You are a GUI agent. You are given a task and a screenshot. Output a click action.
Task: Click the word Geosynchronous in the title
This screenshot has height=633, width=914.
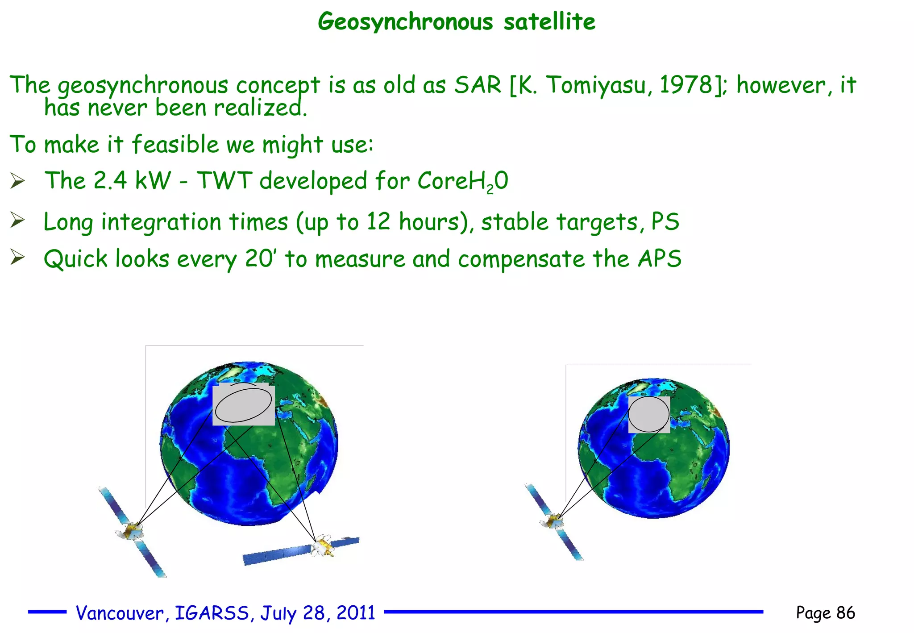[x=405, y=21]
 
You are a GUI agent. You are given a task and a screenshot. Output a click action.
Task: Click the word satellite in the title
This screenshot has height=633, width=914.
[x=549, y=21]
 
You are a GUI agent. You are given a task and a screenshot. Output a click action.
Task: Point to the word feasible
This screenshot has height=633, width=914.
[x=175, y=144]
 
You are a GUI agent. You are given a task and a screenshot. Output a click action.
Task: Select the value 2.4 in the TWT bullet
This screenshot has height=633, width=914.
[x=110, y=181]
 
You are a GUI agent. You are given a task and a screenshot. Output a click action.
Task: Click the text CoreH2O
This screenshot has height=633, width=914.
[x=463, y=181]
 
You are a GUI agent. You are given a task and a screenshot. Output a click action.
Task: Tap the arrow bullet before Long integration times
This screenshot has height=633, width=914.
[x=17, y=221]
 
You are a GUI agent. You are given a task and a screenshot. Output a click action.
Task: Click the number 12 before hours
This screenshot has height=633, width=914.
[x=379, y=221]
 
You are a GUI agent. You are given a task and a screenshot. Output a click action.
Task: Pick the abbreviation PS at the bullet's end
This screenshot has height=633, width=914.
[x=665, y=221]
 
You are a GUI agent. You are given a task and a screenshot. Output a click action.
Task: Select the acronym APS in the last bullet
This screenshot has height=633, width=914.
[x=659, y=258]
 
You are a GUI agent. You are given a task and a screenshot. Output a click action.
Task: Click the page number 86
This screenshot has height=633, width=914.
[x=845, y=613]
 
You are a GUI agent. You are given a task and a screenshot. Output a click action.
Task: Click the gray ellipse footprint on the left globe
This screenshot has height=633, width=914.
[x=243, y=404]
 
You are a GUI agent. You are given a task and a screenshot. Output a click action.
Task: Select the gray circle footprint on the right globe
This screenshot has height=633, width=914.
[x=648, y=414]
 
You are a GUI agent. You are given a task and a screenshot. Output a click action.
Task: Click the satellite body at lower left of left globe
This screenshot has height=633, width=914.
[x=131, y=531]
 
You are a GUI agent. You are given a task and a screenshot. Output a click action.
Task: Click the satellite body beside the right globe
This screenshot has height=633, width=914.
[x=553, y=521]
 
